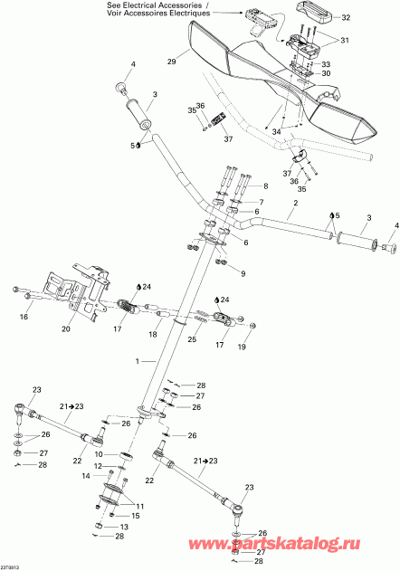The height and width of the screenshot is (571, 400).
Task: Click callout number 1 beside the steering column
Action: click(138, 360)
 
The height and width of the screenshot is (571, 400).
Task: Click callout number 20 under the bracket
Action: click(66, 329)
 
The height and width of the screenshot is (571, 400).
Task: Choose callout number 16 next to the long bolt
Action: click(24, 318)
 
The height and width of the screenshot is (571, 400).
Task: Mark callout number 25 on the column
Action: click(192, 338)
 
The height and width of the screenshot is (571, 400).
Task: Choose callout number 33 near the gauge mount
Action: click(326, 65)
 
